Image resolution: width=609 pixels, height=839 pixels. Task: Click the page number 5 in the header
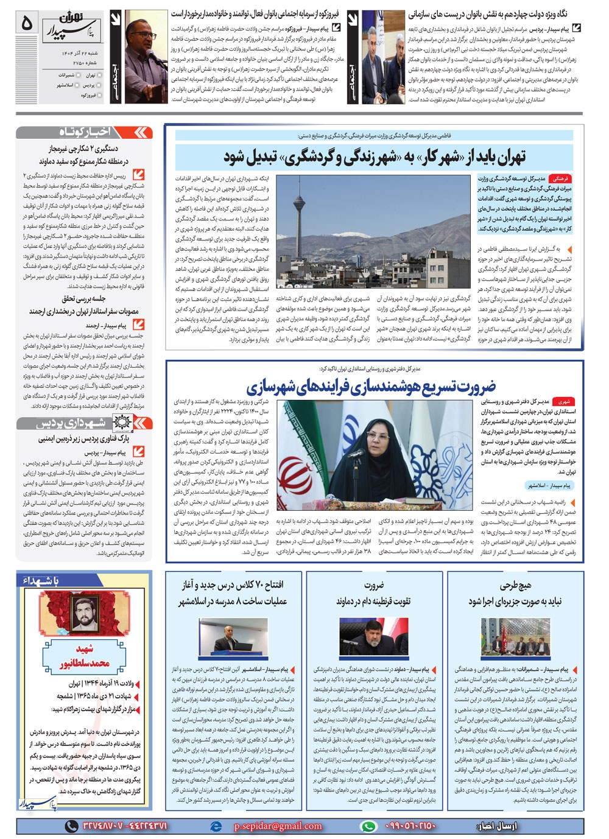27,23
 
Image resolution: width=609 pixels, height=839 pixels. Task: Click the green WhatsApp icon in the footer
367,826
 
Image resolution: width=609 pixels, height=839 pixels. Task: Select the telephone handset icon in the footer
72,826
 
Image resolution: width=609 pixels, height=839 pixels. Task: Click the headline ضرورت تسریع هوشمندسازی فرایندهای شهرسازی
371,386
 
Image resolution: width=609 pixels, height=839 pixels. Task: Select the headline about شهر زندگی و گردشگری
374,157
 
